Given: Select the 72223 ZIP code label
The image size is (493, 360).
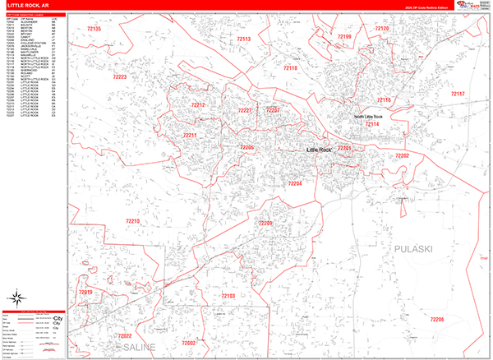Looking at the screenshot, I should (x=121, y=76).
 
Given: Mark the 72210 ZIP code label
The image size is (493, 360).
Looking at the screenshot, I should (x=133, y=221).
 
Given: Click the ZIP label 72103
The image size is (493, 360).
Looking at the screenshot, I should (x=228, y=295).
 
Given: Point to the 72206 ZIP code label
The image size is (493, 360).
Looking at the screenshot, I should (x=436, y=318).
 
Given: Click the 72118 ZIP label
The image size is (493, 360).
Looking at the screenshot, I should (x=290, y=68).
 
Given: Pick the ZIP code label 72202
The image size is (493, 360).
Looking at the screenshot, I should (x=402, y=155).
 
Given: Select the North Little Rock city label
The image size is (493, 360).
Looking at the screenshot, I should (x=375, y=117).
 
